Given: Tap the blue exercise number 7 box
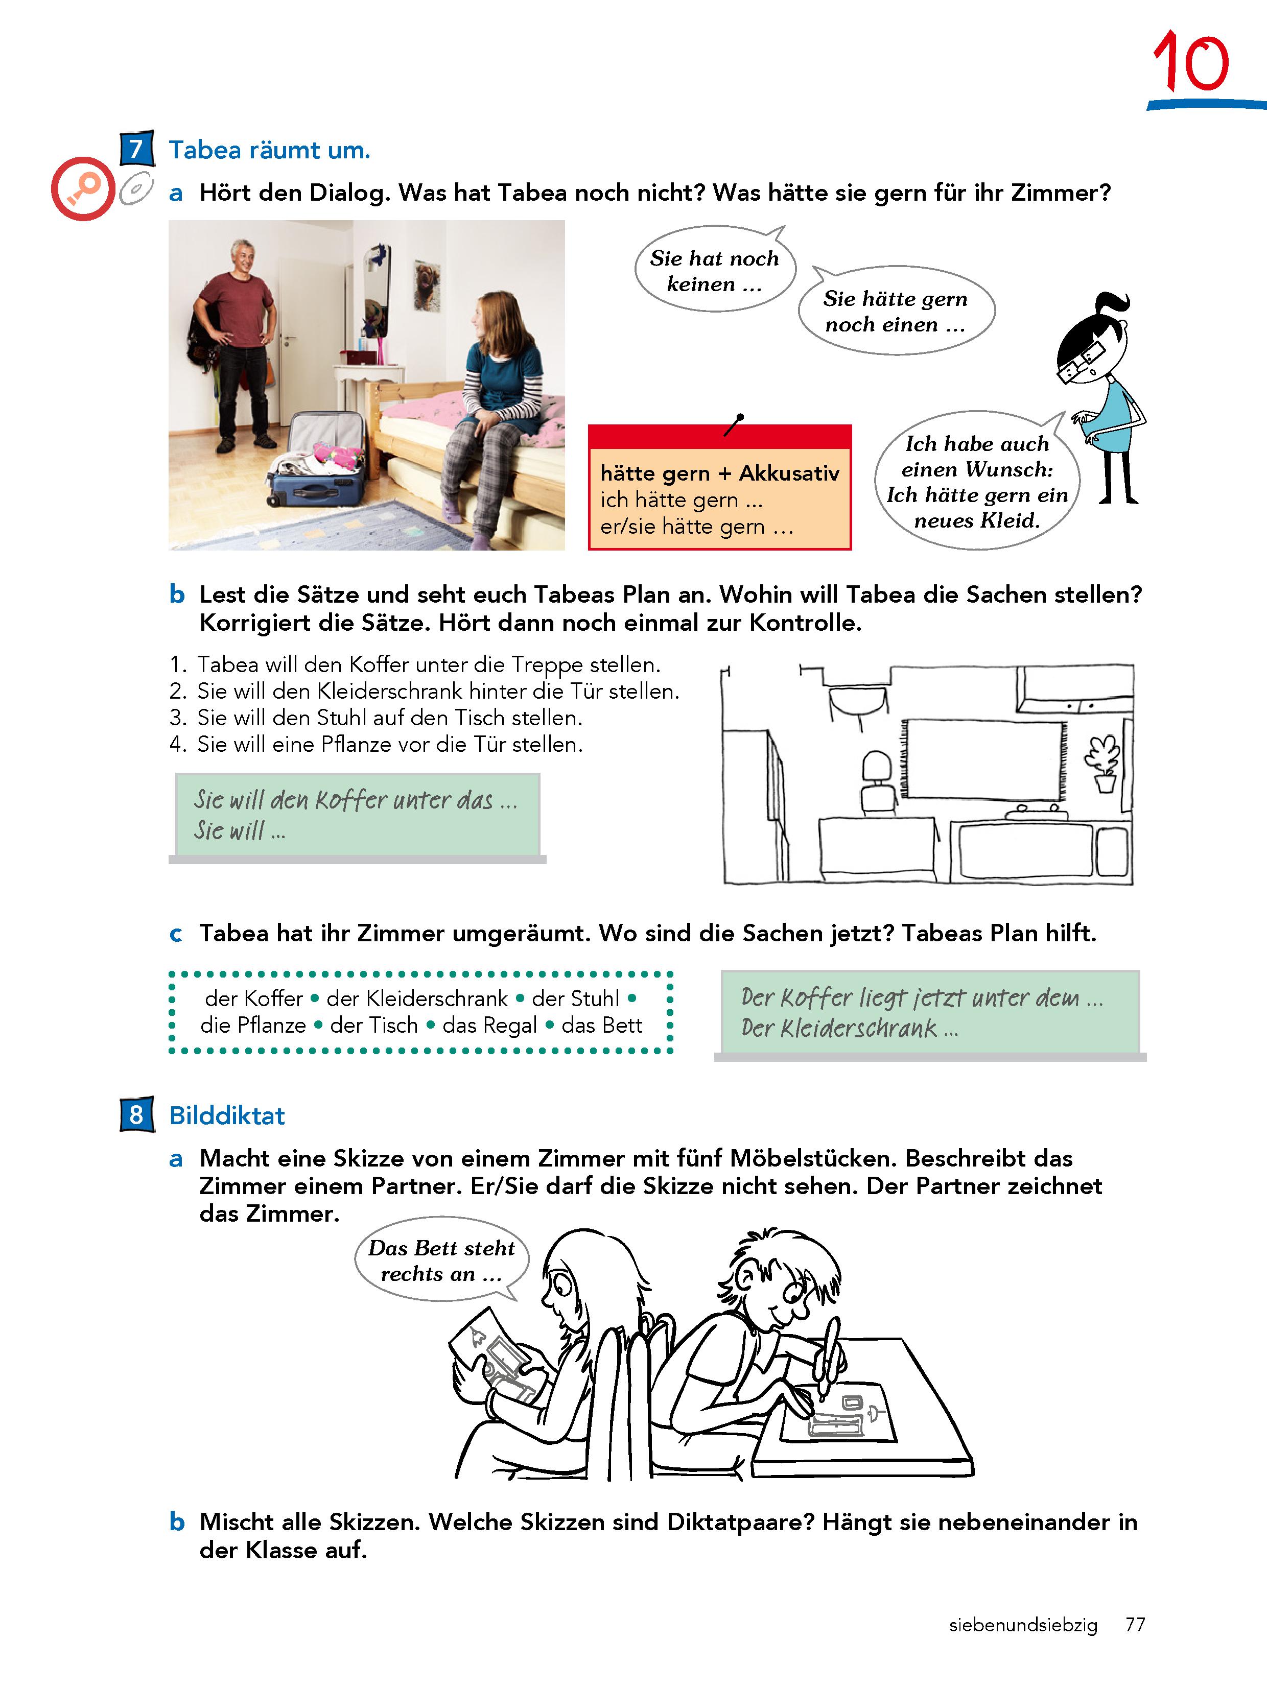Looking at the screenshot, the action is (137, 148).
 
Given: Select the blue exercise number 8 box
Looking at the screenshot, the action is (137, 1115).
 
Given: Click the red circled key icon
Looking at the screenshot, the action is (82, 188).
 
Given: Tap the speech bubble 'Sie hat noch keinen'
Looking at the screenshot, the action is (715, 269).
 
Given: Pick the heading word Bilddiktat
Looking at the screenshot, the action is (227, 1115).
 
